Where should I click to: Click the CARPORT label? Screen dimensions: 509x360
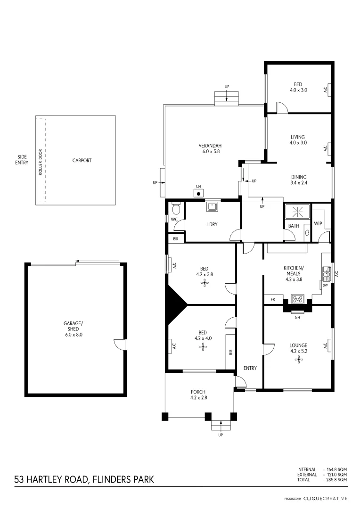(82, 160)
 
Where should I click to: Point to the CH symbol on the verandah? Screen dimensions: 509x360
(199, 193)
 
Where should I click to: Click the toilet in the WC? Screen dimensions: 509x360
(176, 208)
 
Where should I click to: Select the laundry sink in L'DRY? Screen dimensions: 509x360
(212, 206)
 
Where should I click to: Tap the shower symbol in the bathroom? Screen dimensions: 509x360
(297, 212)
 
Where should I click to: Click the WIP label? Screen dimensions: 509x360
(318, 223)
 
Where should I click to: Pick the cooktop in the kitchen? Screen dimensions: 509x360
(298, 298)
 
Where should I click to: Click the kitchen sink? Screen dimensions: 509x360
(326, 271)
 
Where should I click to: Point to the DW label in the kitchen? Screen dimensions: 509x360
(325, 285)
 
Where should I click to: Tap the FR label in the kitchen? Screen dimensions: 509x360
(273, 299)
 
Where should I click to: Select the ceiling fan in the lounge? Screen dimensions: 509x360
(298, 359)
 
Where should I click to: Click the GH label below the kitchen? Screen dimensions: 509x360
(297, 317)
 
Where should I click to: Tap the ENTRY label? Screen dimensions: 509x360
(250, 368)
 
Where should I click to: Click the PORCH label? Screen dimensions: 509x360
(198, 391)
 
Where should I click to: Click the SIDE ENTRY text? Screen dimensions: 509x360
(22, 160)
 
